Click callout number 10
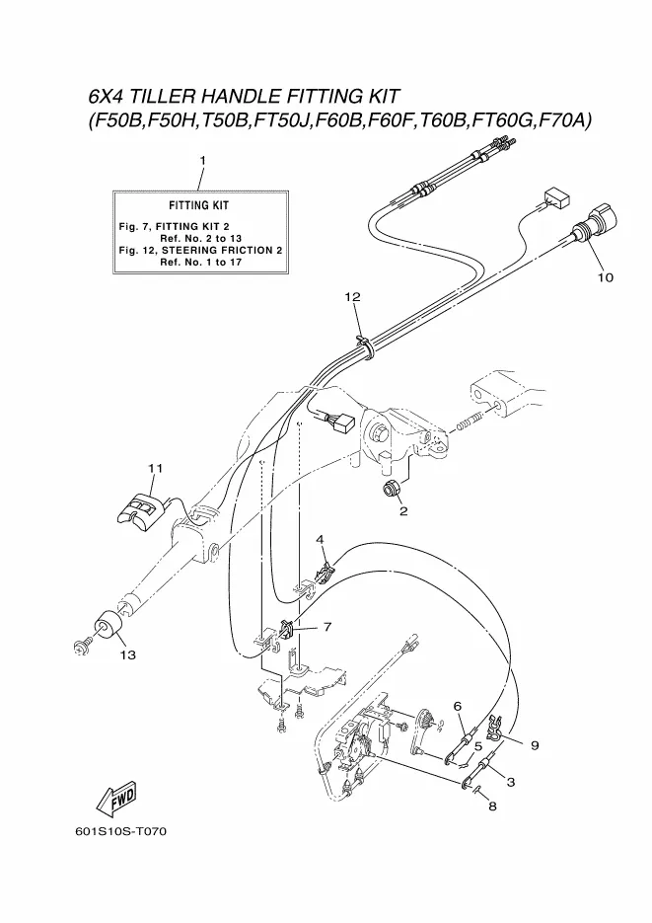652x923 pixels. pos(605,277)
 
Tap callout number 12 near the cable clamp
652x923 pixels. pos(352,296)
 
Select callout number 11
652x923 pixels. pos(154,467)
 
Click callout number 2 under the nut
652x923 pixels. pos(402,511)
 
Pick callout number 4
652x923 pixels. pos(320,538)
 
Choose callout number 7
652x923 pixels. pos(326,626)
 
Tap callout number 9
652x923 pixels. pos(535,745)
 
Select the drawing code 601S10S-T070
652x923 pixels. pos(120,831)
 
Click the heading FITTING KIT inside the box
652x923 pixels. pos(198,205)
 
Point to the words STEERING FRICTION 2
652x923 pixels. pos(232,251)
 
